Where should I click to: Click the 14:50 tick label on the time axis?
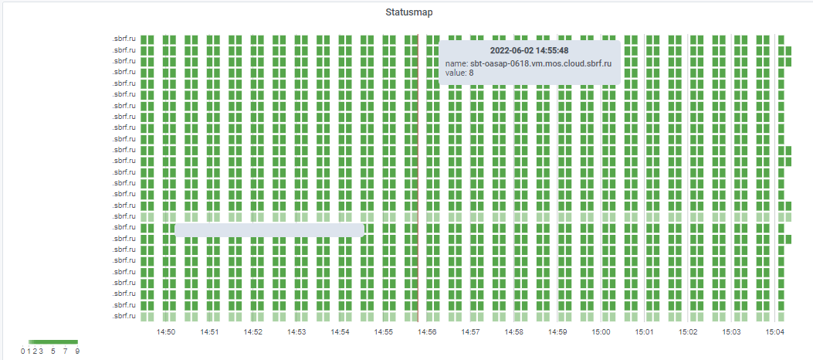point(166,331)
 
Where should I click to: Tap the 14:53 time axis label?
point(296,331)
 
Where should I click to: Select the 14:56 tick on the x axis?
point(427,331)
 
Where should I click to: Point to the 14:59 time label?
point(558,331)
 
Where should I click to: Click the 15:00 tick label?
point(601,331)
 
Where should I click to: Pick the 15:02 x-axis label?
point(689,331)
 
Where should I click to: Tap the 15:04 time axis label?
point(775,331)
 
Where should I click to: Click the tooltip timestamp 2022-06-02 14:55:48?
point(530,50)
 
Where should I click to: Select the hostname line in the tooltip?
point(529,62)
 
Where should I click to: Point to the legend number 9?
point(77,352)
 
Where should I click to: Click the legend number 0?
point(23,352)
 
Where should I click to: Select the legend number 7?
point(65,352)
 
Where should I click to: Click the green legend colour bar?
point(53,341)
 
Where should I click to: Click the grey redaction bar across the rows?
point(269,229)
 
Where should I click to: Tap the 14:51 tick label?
point(209,331)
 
